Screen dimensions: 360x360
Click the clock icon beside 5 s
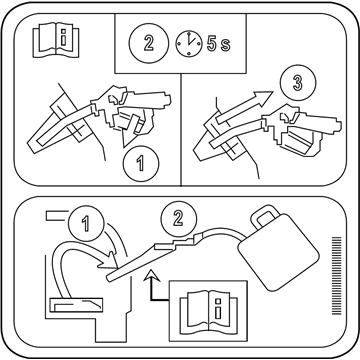pos(189,44)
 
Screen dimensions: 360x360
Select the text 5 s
pos(218,43)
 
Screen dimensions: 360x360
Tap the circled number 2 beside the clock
pos(149,44)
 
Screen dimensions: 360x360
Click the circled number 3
pos(298,83)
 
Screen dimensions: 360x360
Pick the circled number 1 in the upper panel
pos(141,164)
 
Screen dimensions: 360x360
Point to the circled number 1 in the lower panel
pos(86,223)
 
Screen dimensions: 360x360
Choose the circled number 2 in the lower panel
pos(179,219)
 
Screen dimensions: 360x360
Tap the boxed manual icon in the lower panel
pos(208,310)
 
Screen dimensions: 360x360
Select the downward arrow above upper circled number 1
pos(131,131)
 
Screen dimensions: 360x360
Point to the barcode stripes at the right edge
pos(337,276)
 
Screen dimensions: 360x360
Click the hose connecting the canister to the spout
pos(222,231)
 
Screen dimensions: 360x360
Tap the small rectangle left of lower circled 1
pos(57,216)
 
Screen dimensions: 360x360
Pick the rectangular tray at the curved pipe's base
pos(76,305)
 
